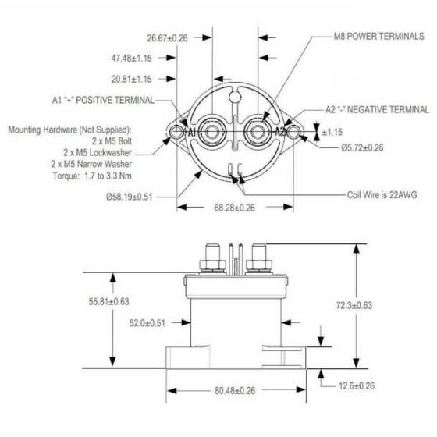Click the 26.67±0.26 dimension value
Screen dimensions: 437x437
[x=167, y=37]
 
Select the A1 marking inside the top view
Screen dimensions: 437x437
[x=190, y=133]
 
